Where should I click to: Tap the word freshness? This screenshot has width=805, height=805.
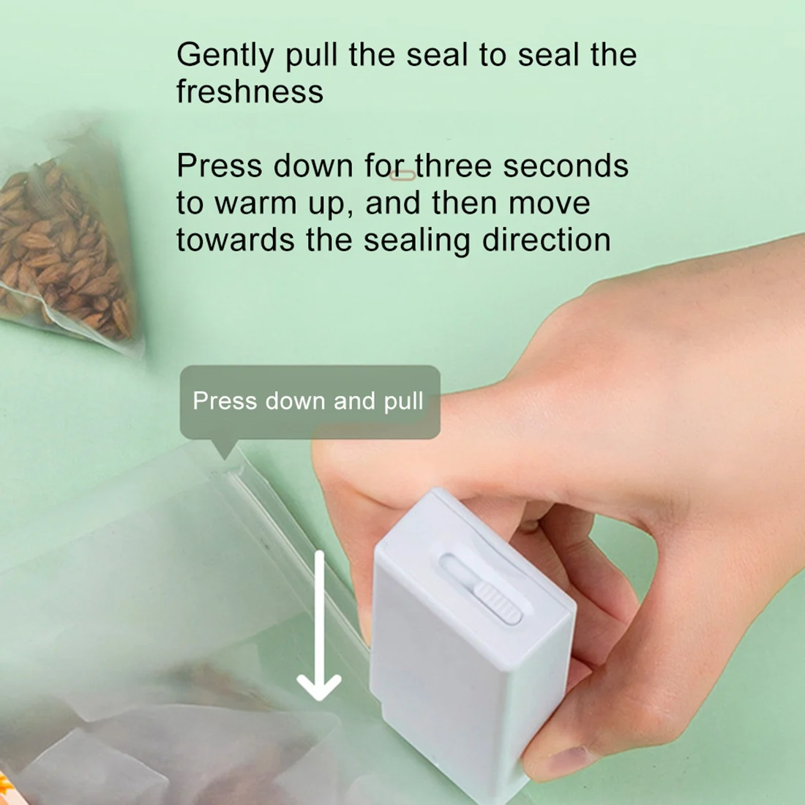[250, 92]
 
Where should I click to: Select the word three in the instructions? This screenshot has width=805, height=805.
[454, 166]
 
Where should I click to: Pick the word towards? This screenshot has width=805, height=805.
[234, 240]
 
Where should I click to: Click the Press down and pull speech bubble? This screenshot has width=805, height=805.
[309, 402]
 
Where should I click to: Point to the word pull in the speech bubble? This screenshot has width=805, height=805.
[403, 402]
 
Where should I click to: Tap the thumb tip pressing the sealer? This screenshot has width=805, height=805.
[344, 468]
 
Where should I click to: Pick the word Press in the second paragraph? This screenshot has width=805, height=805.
[220, 166]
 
